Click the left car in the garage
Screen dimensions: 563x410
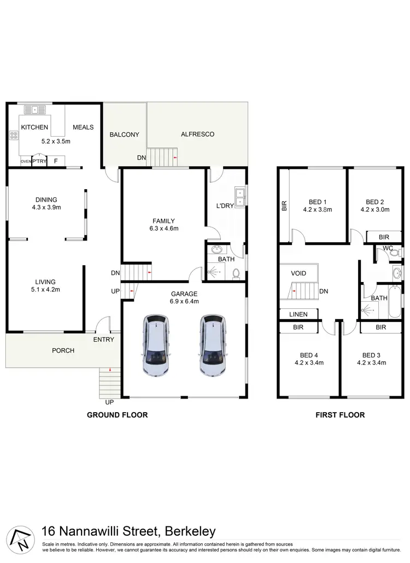tap(156, 345)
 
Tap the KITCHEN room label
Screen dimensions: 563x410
tap(34, 127)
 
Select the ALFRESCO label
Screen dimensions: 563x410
tap(197, 134)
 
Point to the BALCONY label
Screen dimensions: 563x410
tap(124, 134)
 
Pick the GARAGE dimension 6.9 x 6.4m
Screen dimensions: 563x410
tap(184, 301)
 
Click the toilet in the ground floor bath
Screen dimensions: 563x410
tap(237, 272)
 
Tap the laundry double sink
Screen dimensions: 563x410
tap(238, 196)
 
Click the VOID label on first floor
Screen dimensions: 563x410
tap(298, 273)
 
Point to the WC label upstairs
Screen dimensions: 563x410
tap(388, 248)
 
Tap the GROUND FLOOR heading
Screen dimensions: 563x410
tap(118, 415)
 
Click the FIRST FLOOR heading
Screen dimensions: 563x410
tap(340, 415)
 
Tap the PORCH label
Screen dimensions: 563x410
tap(63, 350)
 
